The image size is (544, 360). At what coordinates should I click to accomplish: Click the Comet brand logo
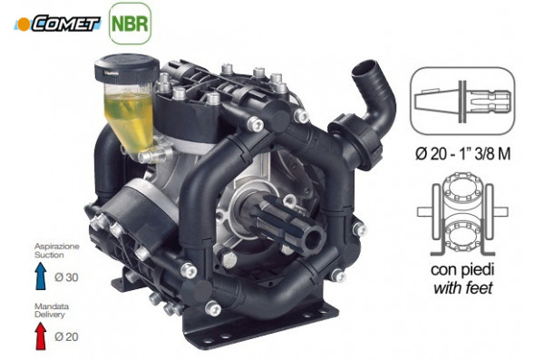(x=57, y=24)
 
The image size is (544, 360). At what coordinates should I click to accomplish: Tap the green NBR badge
(x=130, y=24)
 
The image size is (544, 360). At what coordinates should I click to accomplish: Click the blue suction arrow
(x=41, y=276)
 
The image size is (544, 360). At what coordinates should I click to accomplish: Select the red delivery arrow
(x=41, y=336)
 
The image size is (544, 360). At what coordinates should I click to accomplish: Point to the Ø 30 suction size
(x=66, y=277)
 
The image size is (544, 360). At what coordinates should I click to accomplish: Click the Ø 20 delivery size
(x=66, y=336)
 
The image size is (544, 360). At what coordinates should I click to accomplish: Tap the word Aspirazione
(x=57, y=247)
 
